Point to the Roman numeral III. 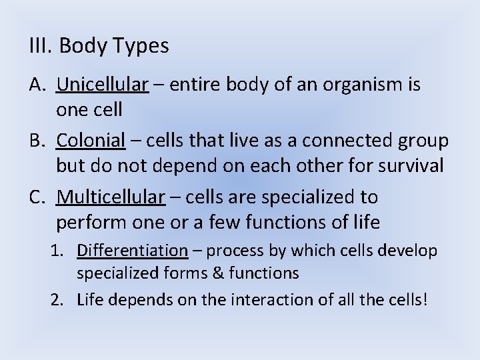point(40,46)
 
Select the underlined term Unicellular point(102,85)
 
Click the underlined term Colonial point(91,141)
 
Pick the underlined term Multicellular point(111,197)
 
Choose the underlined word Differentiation point(132,251)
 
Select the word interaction point(272,300)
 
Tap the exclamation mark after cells point(425,300)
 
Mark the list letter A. point(37,85)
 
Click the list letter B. point(37,141)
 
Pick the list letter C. point(37,197)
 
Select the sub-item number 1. point(57,251)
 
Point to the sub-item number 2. point(57,300)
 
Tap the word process point(233,251)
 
